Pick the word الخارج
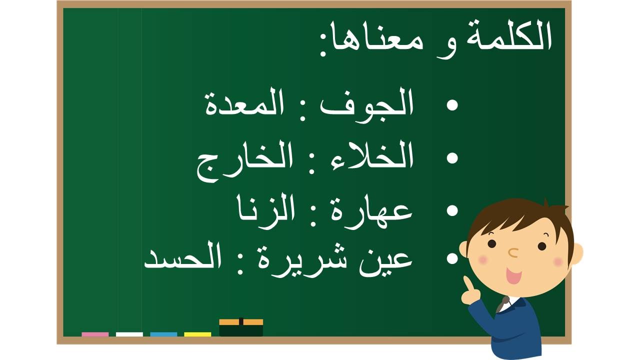(x=244, y=160)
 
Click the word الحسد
(x=182, y=255)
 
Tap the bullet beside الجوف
(x=452, y=105)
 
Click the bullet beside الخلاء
(x=452, y=157)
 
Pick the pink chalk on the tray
(x=95, y=334)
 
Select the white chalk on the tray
(x=129, y=334)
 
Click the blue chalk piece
(x=163, y=334)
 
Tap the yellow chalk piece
(x=197, y=334)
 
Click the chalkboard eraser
(x=241, y=327)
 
